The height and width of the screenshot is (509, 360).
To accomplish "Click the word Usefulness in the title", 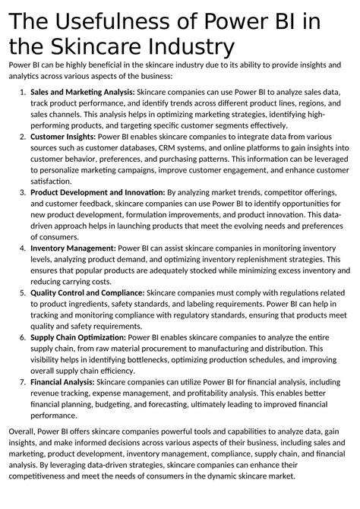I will [114, 21].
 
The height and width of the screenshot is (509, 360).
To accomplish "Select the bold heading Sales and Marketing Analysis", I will [81, 91].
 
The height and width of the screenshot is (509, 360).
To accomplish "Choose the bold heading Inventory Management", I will [73, 248].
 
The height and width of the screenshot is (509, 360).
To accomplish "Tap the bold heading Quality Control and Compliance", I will [87, 292].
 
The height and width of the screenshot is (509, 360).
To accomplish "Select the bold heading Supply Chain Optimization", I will [78, 337].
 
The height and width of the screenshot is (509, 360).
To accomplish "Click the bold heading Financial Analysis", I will [62, 381].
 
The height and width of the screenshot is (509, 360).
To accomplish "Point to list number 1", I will [21, 91].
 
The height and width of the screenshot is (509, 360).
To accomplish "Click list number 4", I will [21, 248].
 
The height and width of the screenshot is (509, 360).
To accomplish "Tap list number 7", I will [21, 381].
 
